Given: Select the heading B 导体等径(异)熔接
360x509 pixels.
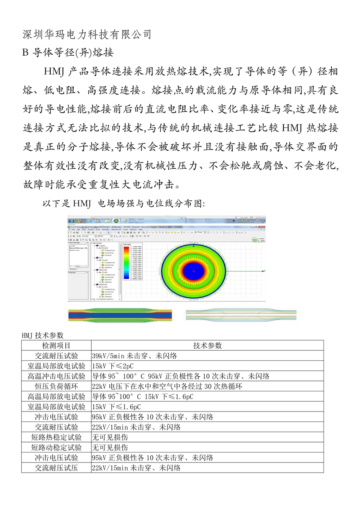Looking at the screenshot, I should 67,53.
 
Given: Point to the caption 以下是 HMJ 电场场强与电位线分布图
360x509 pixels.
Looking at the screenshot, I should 123,204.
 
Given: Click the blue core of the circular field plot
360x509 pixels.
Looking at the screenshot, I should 193,270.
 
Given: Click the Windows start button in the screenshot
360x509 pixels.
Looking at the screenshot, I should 72,221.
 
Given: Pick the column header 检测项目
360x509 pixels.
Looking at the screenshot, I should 57,345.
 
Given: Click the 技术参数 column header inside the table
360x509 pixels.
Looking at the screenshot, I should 207,345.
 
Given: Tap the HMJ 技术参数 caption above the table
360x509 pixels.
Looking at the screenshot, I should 42,335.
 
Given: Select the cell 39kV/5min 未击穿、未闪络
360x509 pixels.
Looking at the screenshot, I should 134,356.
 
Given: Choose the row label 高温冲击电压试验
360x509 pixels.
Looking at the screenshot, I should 57,376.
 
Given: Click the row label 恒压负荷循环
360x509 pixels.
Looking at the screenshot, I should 57,386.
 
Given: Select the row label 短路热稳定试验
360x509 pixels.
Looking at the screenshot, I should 57,437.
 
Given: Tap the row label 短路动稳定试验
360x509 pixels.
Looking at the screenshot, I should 57,447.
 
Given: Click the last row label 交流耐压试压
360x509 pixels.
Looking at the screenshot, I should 57,468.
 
